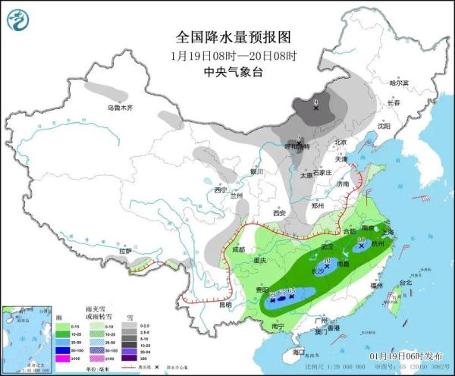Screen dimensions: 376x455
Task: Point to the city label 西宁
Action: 221,190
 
